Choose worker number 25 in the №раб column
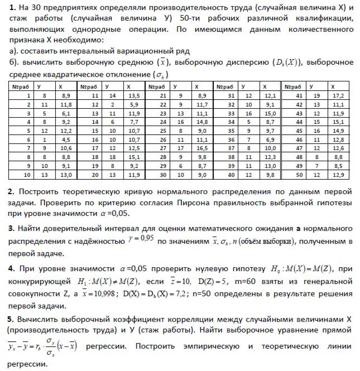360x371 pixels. [162, 131]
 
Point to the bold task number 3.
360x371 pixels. [11, 229]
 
